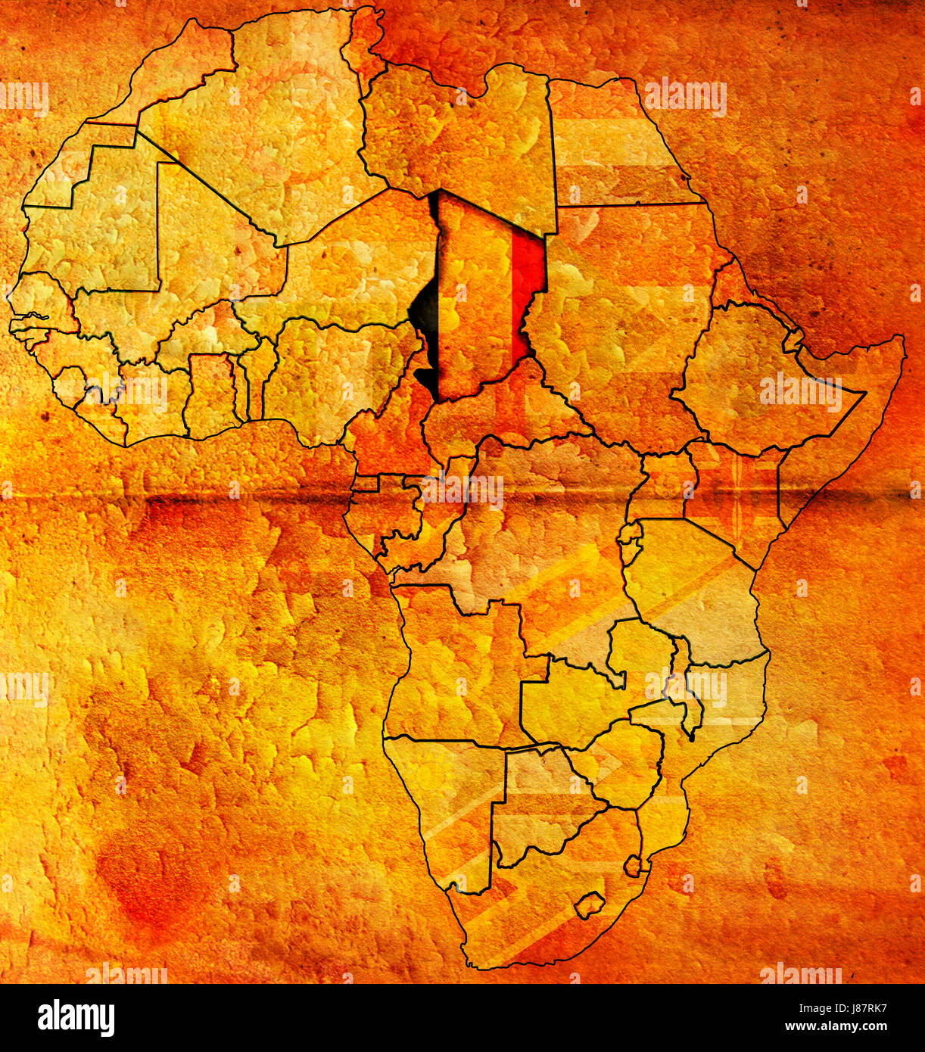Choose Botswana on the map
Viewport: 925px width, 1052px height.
click(x=537, y=802)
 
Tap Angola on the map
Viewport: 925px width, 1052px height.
click(x=454, y=666)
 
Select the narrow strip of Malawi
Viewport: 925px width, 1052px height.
click(x=685, y=689)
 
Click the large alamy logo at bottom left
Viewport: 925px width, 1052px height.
click(x=76, y=1017)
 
